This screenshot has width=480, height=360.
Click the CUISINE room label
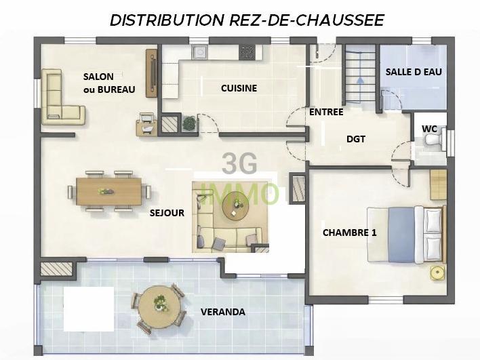coord(239,88)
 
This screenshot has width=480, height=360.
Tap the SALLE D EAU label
coord(414,72)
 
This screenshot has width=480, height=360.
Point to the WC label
coord(429,128)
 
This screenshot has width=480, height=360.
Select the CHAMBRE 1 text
coord(349,233)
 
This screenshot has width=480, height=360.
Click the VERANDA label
coord(223,313)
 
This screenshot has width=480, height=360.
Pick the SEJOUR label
coord(167,213)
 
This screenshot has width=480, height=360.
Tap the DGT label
coord(355,139)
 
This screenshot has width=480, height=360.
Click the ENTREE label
coord(326,112)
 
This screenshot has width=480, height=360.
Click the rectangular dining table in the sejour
coord(108,190)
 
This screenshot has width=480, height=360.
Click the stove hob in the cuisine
coord(247,52)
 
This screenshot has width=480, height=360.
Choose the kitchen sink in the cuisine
coord(199,53)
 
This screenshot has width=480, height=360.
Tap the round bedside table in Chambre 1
coord(438,273)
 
